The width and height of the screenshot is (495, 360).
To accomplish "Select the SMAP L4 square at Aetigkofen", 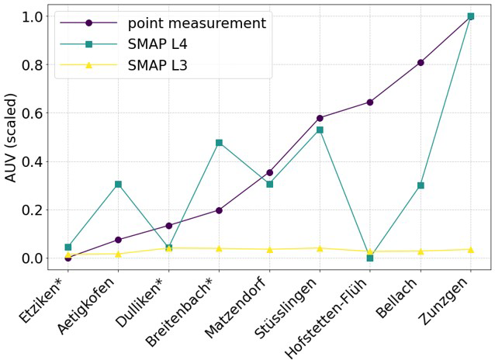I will click(118, 184).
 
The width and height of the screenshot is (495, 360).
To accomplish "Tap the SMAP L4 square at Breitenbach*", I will click(219, 143).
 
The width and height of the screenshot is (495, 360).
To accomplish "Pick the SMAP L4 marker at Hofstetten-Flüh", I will click(370, 258).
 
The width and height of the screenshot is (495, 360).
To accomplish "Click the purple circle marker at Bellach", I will click(421, 62).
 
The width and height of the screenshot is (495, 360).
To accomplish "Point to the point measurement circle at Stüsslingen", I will click(320, 118).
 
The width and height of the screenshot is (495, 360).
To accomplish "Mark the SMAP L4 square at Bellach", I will click(421, 185).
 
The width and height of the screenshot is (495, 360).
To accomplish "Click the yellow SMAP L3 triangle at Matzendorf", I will click(269, 249).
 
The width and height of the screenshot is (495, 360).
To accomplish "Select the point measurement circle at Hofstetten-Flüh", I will click(370, 102).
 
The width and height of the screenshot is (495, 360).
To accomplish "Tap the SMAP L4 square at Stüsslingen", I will click(320, 130).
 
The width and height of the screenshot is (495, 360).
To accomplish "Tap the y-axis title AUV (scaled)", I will click(11, 137).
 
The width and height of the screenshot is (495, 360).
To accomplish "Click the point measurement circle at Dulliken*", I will click(168, 226).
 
